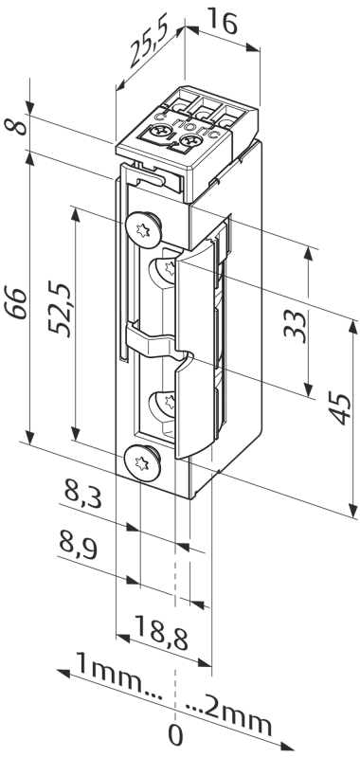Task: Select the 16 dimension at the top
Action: point(224,23)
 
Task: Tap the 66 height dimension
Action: point(17,303)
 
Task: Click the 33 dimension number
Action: point(296,327)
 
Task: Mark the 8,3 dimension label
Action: point(82,496)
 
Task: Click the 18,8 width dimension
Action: point(161,639)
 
